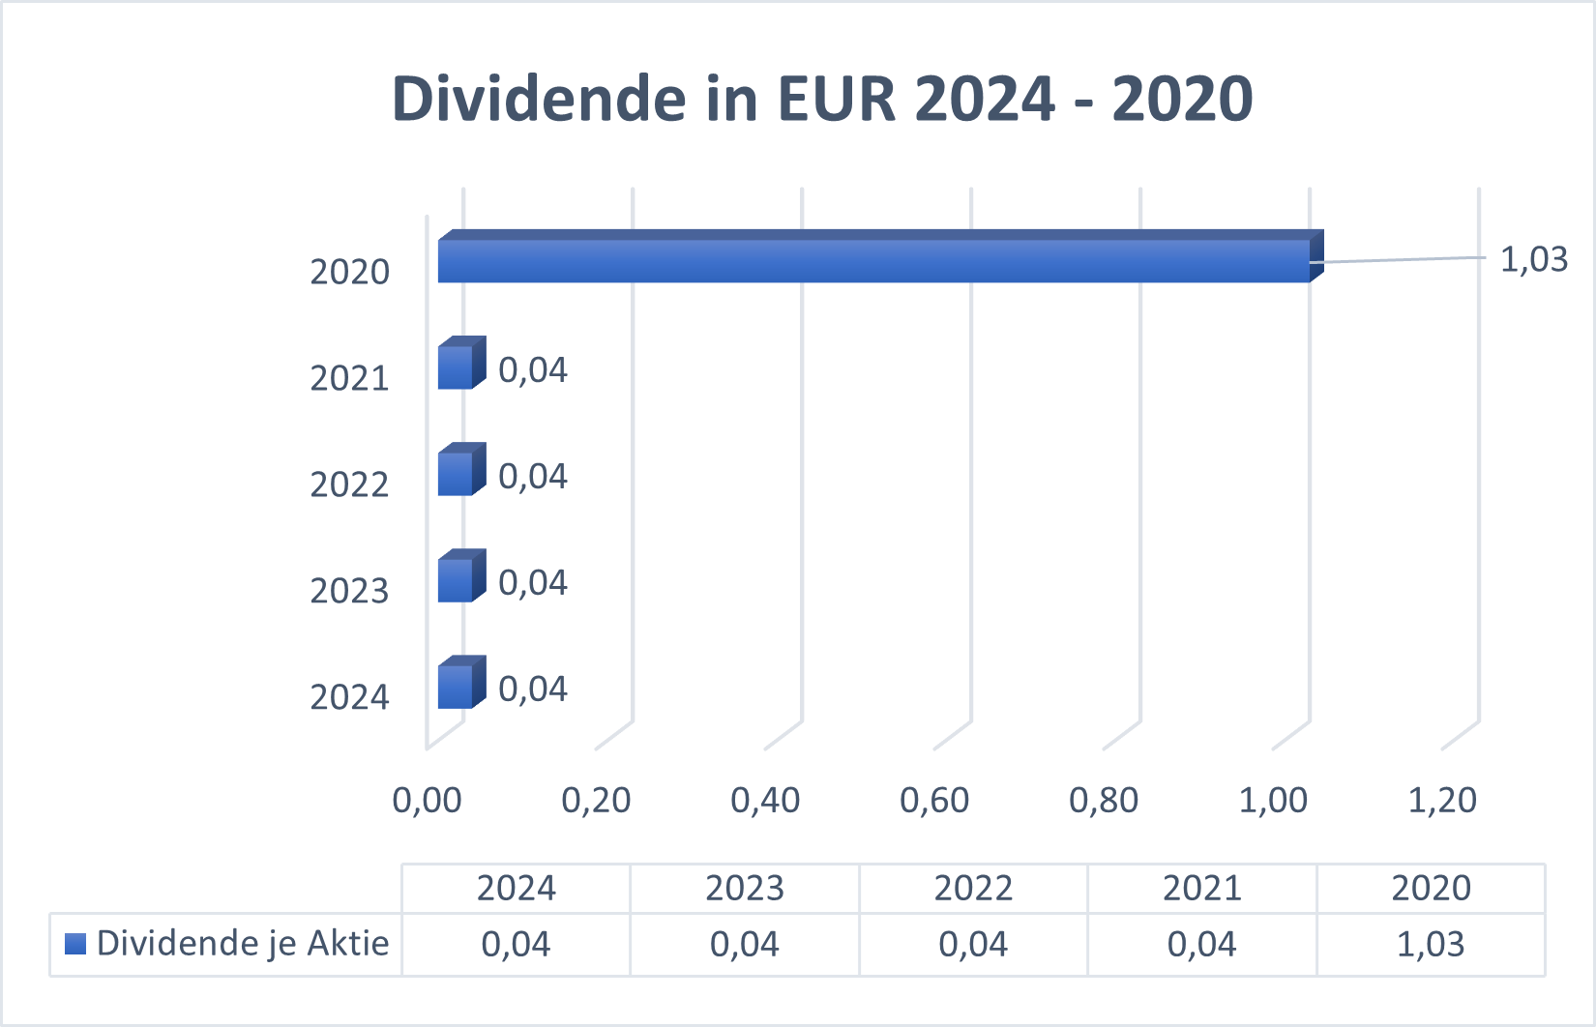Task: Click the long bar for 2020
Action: [873, 261]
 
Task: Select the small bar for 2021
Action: [456, 367]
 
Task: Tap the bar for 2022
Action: [456, 474]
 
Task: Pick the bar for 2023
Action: [456, 580]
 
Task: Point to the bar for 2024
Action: [456, 687]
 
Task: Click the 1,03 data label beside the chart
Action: [1533, 259]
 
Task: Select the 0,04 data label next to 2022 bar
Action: [533, 476]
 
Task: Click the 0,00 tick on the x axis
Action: [427, 800]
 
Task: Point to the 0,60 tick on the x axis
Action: [934, 800]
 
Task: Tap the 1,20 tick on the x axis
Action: [1442, 800]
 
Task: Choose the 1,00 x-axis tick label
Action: [1273, 800]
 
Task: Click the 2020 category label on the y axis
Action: [349, 272]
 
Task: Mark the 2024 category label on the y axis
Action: [349, 697]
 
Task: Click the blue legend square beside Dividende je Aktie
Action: [75, 943]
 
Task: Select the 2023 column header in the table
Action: [745, 888]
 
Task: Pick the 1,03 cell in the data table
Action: [1431, 944]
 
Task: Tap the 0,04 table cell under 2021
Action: [1201, 944]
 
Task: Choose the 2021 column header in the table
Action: [1201, 888]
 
